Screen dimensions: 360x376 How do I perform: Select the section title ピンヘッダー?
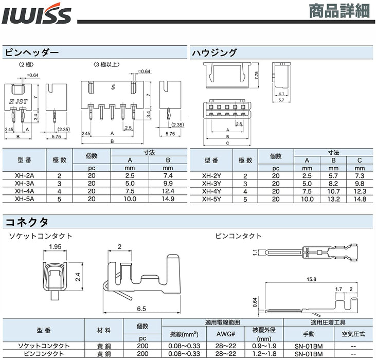(32, 52)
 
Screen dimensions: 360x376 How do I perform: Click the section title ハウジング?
(214, 52)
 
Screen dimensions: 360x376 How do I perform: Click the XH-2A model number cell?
(24, 175)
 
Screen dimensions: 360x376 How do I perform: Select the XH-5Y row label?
(211, 199)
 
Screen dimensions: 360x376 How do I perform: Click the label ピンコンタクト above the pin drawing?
(238, 236)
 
